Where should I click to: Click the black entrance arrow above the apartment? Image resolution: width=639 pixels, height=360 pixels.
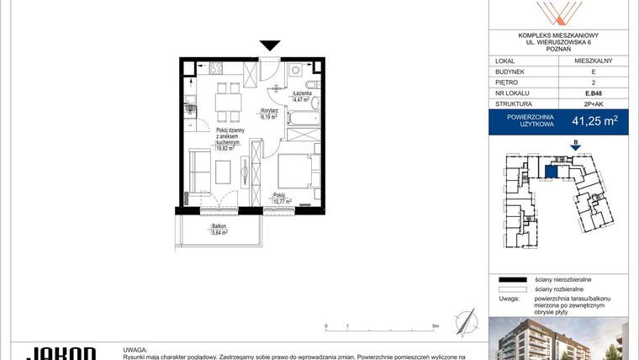coord(270,46)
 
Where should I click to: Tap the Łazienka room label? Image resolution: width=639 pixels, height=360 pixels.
coord(301,94)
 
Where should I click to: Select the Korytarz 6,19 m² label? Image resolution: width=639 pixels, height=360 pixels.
coord(269,114)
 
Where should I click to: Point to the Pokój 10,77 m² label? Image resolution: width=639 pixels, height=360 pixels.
coord(282,199)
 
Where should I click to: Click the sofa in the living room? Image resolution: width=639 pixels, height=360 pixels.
coord(198,170)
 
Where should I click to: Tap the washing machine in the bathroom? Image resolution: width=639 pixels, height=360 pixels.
coord(297,73)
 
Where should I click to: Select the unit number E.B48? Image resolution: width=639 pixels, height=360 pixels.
coord(593,94)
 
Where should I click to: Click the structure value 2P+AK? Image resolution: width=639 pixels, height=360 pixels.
coord(593,105)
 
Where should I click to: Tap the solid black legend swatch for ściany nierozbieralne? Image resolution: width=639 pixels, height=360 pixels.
coord(510,278)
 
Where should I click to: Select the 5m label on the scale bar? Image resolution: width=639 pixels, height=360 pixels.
coord(435,326)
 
